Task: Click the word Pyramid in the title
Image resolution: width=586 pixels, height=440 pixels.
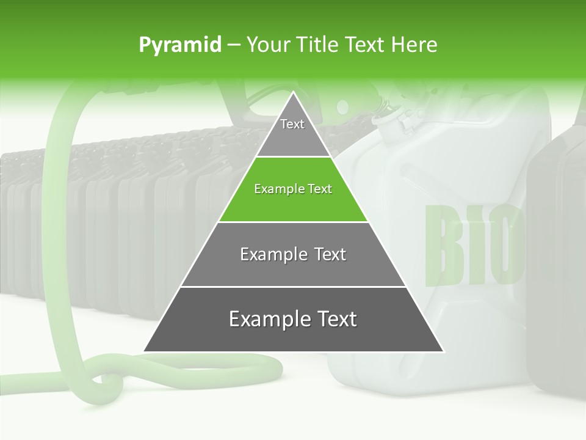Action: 180,45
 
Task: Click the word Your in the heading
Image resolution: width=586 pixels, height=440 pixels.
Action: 268,45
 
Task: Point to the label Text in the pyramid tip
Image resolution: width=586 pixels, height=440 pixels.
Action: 292,124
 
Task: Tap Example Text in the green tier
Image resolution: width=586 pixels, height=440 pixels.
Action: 293,189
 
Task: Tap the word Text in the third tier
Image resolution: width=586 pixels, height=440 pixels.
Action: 331,254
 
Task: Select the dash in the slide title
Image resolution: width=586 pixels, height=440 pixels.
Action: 234,45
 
